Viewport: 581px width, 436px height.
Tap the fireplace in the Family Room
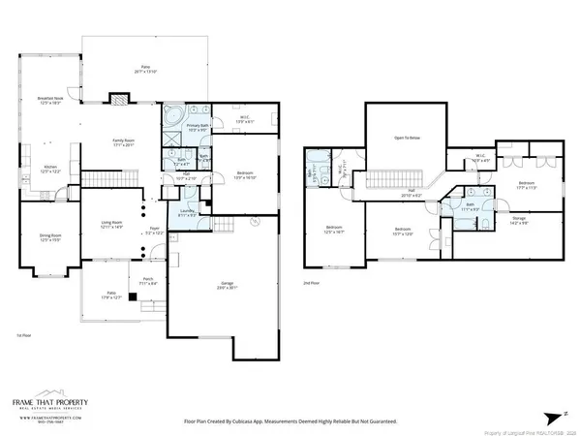[119, 98]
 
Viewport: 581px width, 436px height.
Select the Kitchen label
[49, 169]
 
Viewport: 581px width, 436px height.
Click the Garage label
[225, 285]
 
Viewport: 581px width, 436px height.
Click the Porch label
[148, 282]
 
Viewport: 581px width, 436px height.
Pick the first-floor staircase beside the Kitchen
[96, 179]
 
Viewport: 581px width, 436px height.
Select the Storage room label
[519, 220]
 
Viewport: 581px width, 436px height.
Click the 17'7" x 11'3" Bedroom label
[526, 184]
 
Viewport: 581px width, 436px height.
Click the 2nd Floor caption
[310, 282]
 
